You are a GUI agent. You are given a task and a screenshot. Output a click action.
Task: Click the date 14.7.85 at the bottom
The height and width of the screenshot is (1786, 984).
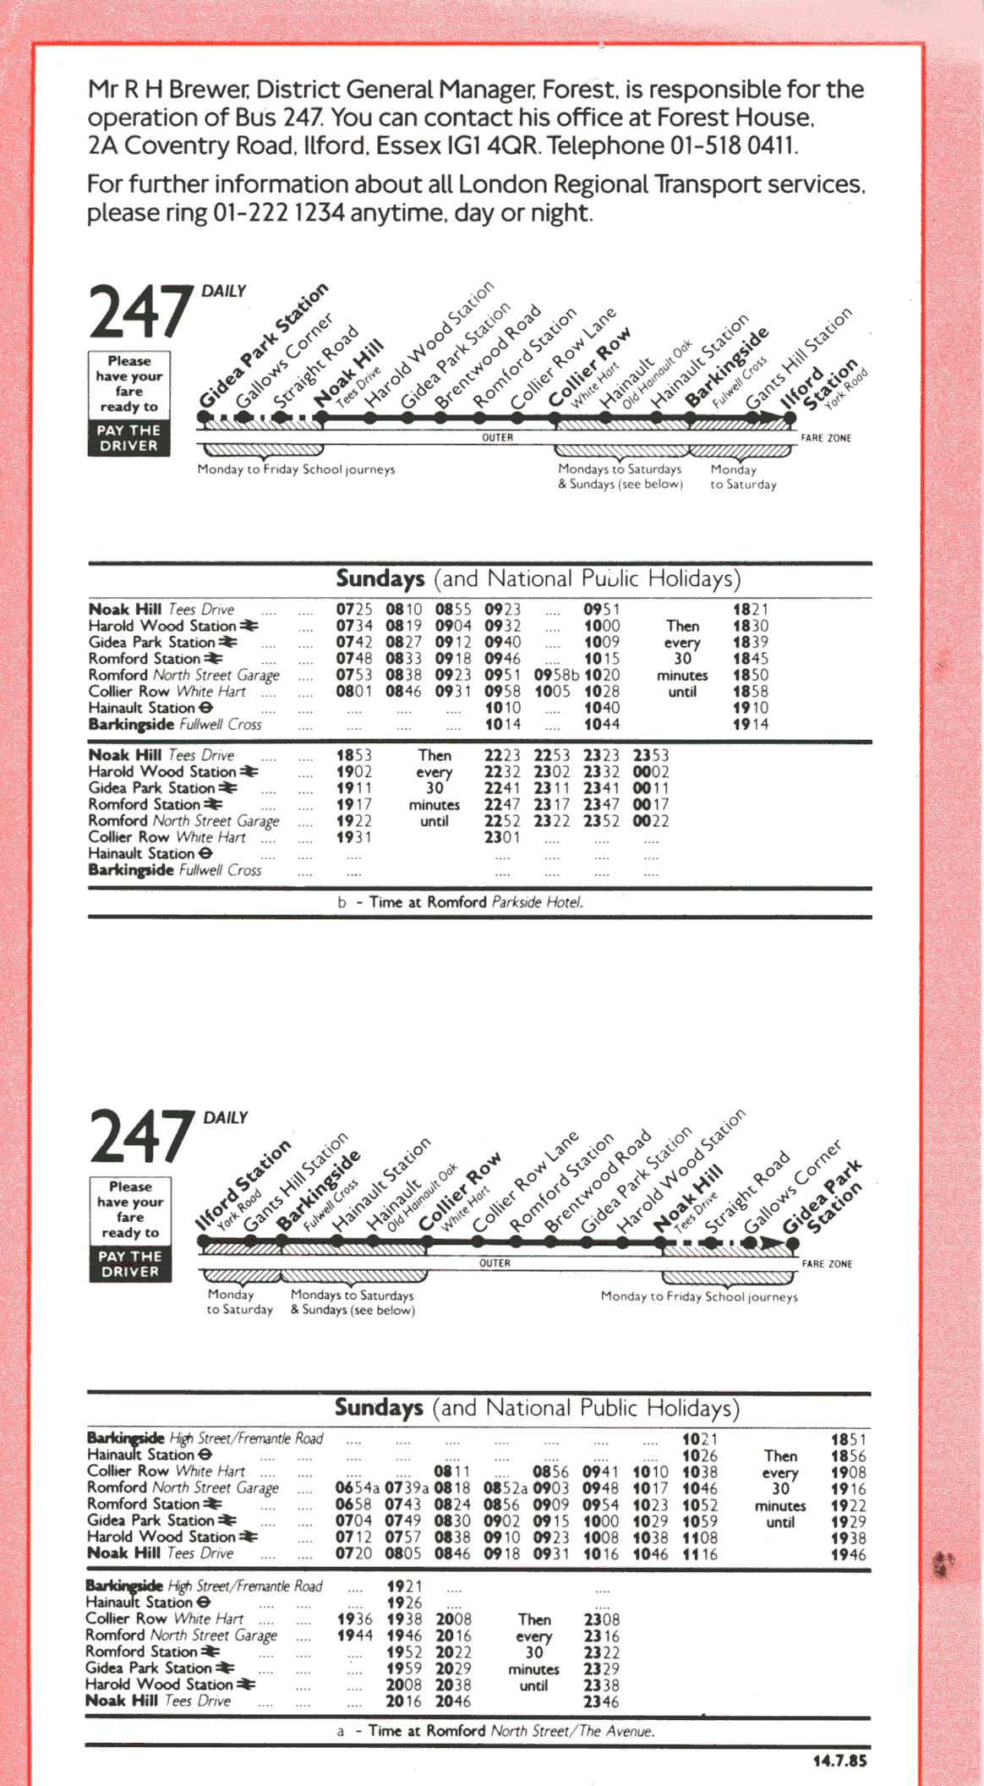(x=839, y=1761)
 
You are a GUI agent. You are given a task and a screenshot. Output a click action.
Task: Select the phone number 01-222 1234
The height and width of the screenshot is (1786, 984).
(x=278, y=212)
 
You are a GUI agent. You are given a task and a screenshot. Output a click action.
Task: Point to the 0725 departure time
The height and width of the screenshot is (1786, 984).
(x=353, y=610)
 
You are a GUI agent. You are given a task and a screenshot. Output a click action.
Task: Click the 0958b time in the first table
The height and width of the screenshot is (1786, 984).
(x=556, y=675)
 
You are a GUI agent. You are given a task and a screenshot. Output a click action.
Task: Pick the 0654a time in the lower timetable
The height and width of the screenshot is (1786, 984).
(x=358, y=1487)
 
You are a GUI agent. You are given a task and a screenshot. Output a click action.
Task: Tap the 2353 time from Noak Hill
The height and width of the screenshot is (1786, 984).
(x=651, y=755)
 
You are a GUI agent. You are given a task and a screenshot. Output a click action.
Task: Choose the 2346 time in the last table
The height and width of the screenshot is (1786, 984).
(x=601, y=1701)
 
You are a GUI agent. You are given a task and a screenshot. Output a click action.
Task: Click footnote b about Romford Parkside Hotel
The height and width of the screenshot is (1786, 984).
(x=461, y=902)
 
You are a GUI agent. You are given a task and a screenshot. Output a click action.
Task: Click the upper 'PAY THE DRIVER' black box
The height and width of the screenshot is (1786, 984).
(x=128, y=438)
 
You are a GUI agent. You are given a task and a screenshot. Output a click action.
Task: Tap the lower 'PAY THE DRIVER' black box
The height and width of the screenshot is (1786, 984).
(x=130, y=1264)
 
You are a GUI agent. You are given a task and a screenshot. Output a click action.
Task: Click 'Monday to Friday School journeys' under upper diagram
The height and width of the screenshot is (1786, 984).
(x=296, y=469)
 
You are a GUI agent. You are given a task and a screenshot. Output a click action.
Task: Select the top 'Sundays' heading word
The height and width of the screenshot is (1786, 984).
(x=380, y=579)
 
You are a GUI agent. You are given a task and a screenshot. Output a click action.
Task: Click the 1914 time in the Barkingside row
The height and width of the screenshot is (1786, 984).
(x=751, y=724)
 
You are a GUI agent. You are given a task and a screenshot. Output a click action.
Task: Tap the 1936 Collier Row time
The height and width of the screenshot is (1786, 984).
(x=354, y=1619)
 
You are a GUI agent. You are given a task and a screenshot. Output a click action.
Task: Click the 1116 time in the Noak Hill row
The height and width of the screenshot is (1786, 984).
(x=700, y=1553)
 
